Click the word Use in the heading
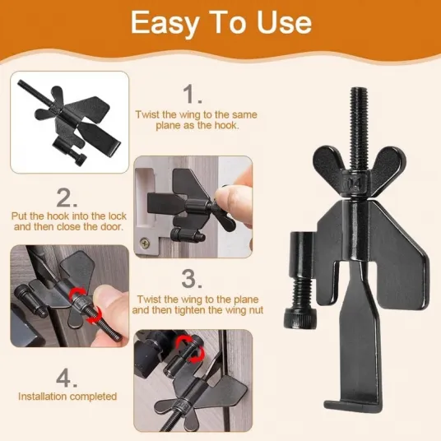(x=285, y=22)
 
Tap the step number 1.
(x=192, y=95)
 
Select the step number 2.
(x=67, y=197)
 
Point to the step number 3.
(x=192, y=279)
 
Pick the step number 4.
(x=67, y=378)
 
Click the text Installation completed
(x=67, y=397)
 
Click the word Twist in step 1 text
(x=147, y=114)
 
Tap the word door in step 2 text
(x=111, y=226)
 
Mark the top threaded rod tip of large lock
(x=360, y=90)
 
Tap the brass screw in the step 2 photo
(x=145, y=242)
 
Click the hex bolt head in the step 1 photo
(x=80, y=160)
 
